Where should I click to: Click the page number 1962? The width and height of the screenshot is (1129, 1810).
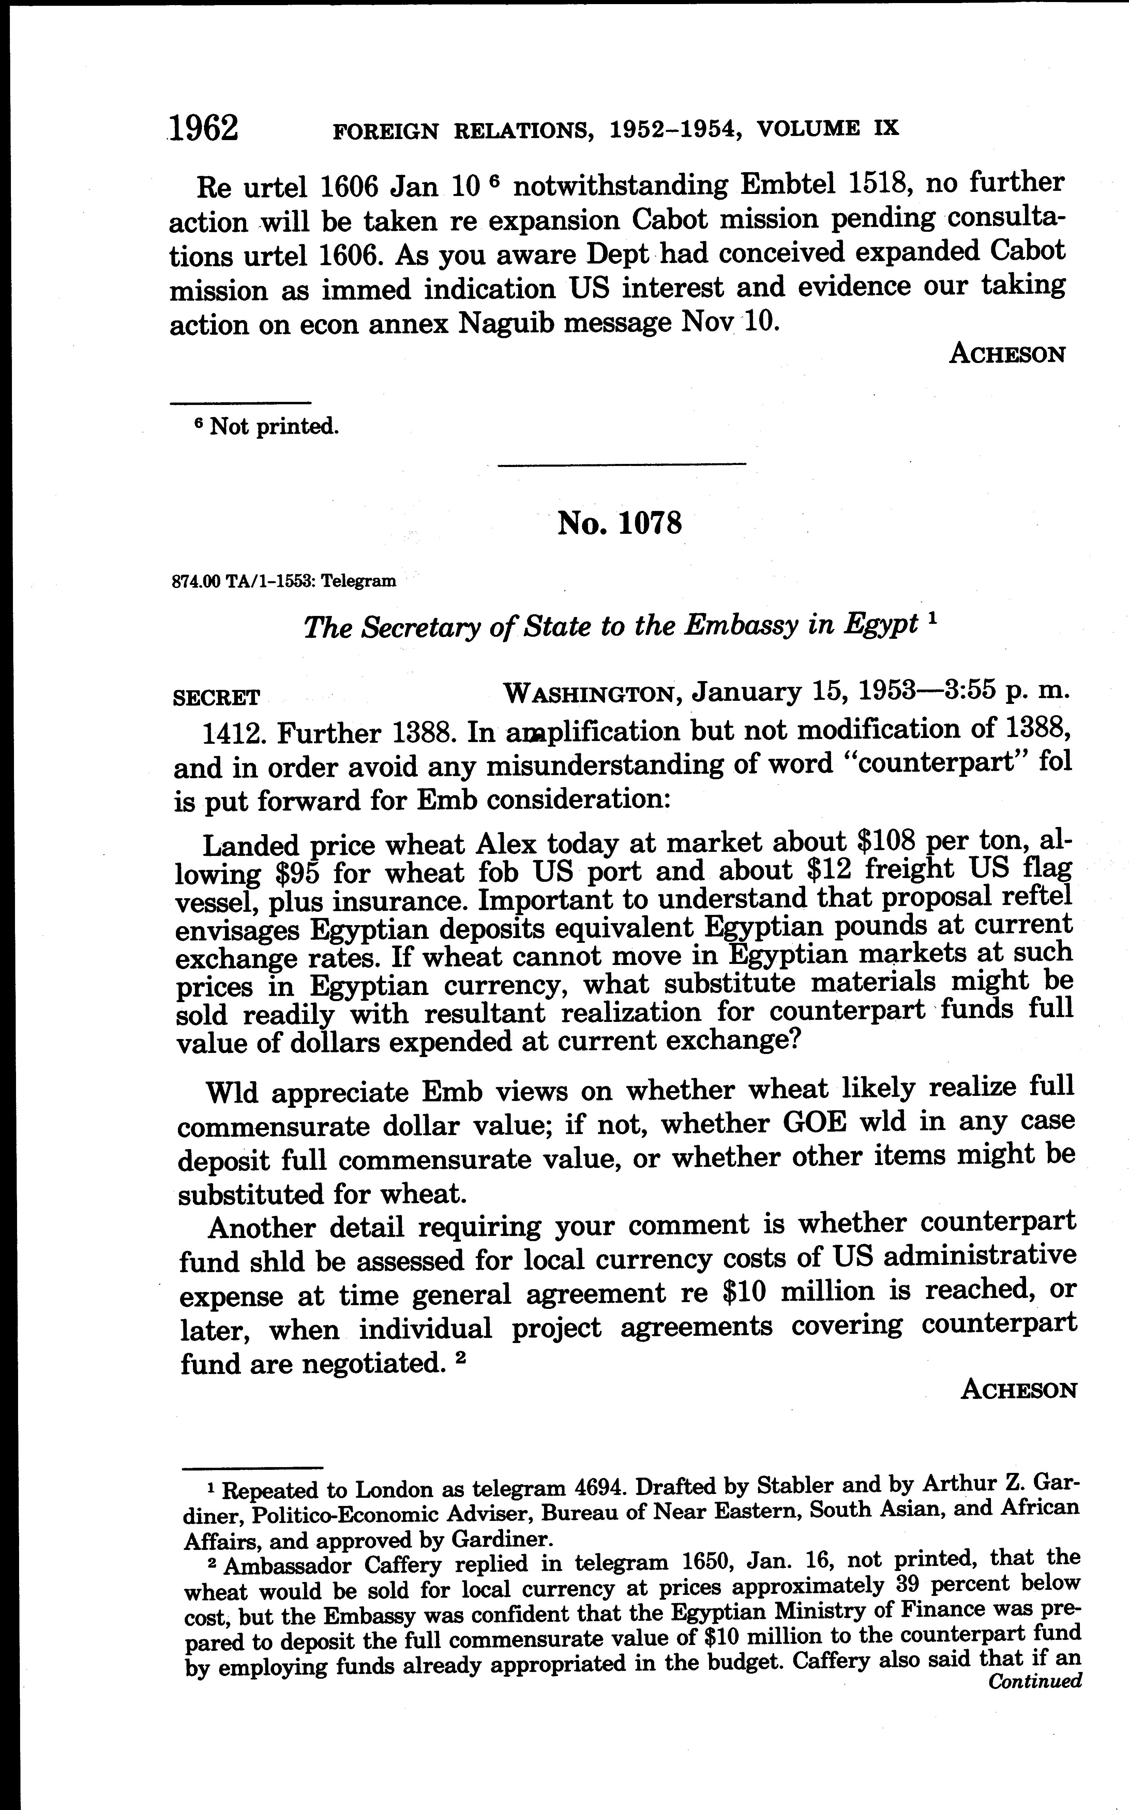204,129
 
